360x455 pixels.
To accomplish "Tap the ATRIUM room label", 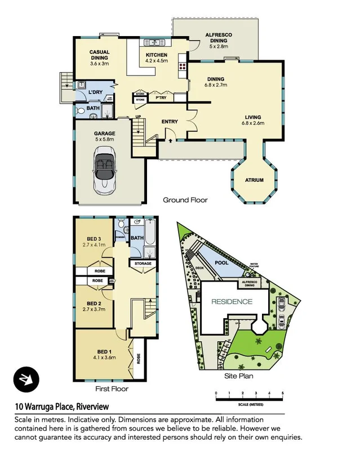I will coord(254,180).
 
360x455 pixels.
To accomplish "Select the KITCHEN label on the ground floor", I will coord(157,55).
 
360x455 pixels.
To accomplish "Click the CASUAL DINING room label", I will coord(99,55).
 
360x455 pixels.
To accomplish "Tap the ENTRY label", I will coord(170,122).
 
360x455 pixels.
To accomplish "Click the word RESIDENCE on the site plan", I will coord(232,302).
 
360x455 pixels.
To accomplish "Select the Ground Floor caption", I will coord(185,200).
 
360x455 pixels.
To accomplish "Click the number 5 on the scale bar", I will coord(283,394).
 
